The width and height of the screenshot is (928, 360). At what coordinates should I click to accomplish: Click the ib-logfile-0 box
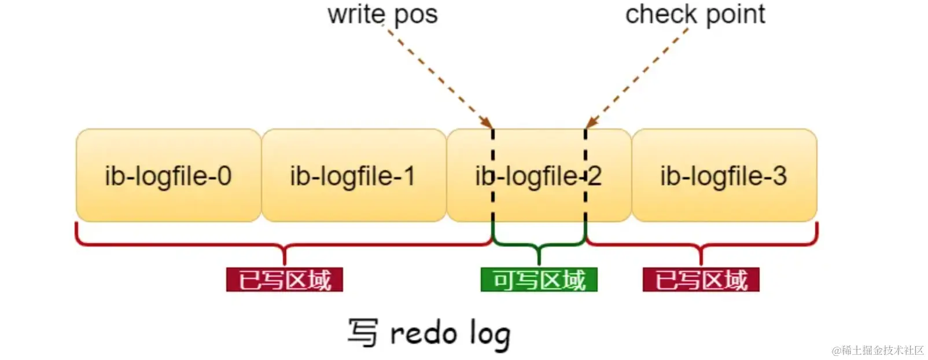point(168,175)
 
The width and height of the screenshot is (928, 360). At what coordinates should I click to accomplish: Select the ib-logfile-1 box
point(353,175)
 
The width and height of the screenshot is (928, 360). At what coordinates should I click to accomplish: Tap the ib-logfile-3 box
point(724,175)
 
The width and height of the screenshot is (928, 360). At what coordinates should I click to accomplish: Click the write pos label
point(382,14)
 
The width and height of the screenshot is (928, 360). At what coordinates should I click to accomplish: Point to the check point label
point(695,14)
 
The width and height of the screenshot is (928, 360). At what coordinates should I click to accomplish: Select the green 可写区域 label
point(539,280)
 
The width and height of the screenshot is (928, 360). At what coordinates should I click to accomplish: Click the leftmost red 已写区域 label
point(285,280)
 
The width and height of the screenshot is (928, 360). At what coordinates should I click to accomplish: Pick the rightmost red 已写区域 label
point(701,280)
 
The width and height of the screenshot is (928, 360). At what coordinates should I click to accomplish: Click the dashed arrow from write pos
point(440,76)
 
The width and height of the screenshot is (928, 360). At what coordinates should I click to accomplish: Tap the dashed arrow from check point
point(636,76)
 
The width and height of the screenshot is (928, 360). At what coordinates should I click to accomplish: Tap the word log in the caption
point(490,335)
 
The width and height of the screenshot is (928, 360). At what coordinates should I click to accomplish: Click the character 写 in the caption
point(363,333)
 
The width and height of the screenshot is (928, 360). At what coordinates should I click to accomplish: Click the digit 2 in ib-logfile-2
point(594,176)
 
